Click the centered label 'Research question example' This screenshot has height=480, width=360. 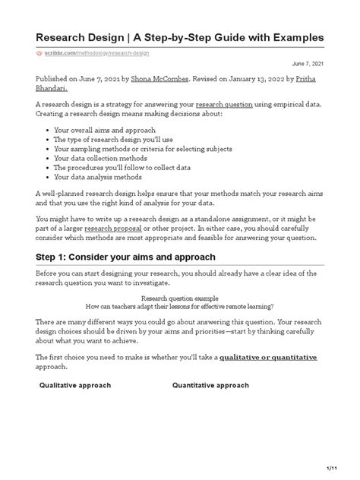click(179, 298)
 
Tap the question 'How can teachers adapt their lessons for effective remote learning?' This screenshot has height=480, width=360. click(179, 307)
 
